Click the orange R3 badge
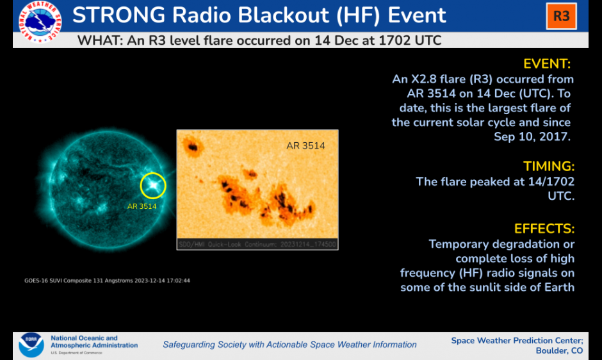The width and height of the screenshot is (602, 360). point(561,16)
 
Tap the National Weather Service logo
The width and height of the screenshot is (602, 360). point(40,22)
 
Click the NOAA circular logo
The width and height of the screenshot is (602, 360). point(31,345)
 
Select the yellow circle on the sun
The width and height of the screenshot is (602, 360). point(153,174)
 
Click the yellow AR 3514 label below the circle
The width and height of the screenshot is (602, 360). point(142,206)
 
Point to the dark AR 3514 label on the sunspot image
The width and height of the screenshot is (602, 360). point(305,145)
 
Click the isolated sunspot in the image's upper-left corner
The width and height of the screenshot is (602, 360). point(192,147)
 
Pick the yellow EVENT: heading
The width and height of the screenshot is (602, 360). point(547,64)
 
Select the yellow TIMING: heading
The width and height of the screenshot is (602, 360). point(549,167)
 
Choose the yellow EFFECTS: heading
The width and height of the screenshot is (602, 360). point(544,229)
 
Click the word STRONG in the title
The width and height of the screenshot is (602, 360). point(119,15)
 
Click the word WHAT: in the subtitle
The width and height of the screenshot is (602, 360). point(100,40)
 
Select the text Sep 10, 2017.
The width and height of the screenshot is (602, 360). point(532,137)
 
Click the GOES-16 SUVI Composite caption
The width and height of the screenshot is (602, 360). point(107,281)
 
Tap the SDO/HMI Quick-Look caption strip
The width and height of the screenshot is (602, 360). point(257,244)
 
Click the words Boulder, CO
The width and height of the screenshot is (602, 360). point(559,351)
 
